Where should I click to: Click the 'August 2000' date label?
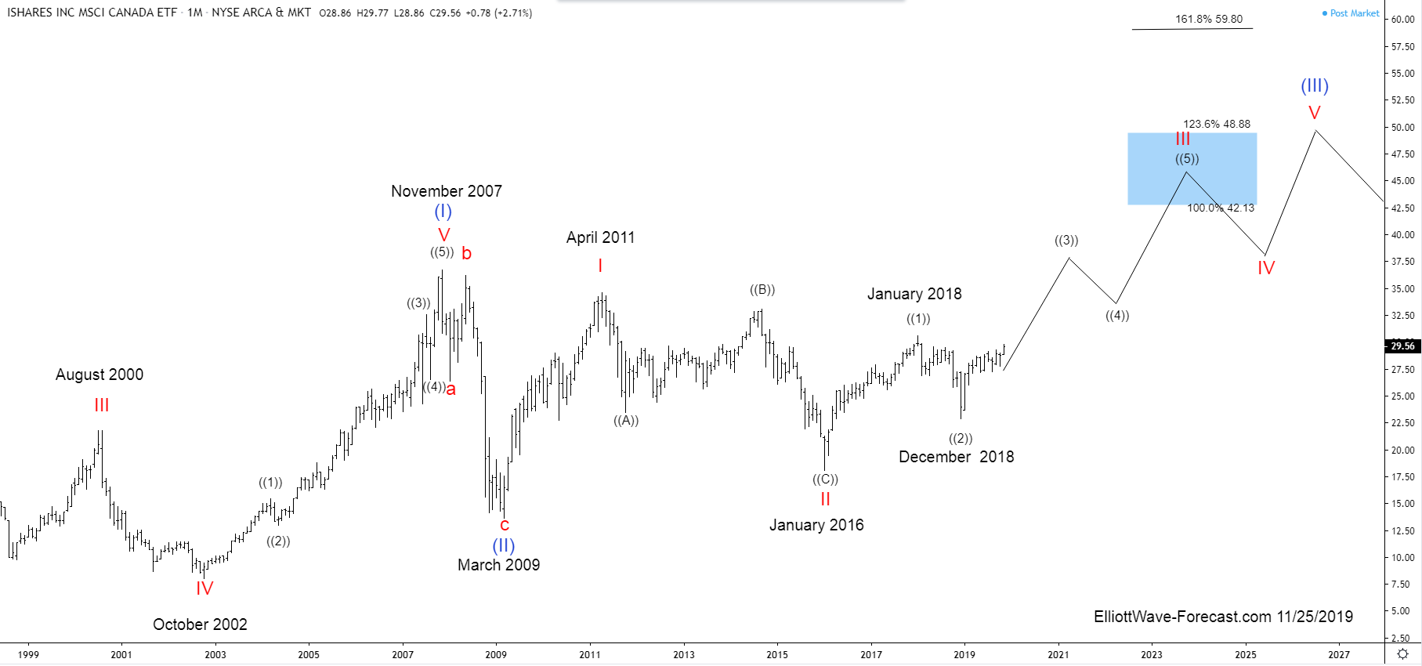[x=100, y=375]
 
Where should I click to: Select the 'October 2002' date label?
[x=200, y=624]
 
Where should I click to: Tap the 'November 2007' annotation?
[x=446, y=191]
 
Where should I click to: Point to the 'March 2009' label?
[x=498, y=565]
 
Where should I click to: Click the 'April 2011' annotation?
[x=600, y=237]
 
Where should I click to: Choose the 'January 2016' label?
[x=816, y=525]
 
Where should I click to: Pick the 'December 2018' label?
[x=956, y=457]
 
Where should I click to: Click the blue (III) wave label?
[x=1315, y=86]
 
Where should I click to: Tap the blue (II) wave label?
[x=503, y=545]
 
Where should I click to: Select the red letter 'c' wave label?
[x=505, y=525]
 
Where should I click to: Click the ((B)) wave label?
[x=762, y=290]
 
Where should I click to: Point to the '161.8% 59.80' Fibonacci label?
[x=1208, y=20]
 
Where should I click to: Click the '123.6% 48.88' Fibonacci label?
[x=1216, y=124]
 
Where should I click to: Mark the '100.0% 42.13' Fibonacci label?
[x=1220, y=208]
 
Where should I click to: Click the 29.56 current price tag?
[x=1402, y=346]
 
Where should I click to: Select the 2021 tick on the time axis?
[x=1058, y=654]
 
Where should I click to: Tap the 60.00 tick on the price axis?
[x=1402, y=20]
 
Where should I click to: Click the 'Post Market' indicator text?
[x=1354, y=13]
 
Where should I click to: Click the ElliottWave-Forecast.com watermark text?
[x=1222, y=617]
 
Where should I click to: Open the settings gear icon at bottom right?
[x=1402, y=654]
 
